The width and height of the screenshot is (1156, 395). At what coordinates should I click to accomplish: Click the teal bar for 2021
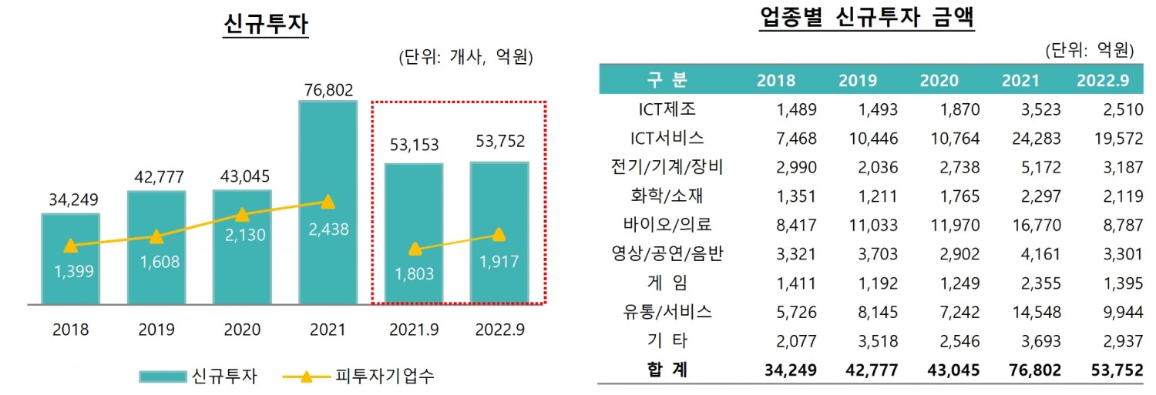[328, 154]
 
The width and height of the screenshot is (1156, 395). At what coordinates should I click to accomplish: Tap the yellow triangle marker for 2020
[242, 215]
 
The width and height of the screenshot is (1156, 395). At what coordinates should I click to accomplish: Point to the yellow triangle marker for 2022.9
[499, 234]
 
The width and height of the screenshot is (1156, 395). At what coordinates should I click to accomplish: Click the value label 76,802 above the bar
[328, 90]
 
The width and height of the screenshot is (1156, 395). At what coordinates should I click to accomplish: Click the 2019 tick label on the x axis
[156, 330]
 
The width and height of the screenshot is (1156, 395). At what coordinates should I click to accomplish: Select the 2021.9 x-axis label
[414, 330]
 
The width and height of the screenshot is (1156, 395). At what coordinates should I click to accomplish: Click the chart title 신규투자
[265, 25]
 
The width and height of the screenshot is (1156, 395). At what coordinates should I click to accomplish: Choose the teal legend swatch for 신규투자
[163, 377]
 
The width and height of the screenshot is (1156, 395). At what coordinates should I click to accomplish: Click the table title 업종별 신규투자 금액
[866, 19]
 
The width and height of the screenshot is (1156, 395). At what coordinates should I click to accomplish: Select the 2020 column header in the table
[939, 81]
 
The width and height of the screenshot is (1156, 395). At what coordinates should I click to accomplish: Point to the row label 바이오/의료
[667, 225]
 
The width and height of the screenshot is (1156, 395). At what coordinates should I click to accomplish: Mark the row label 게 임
[667, 283]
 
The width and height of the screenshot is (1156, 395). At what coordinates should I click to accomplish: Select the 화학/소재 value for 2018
[795, 196]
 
